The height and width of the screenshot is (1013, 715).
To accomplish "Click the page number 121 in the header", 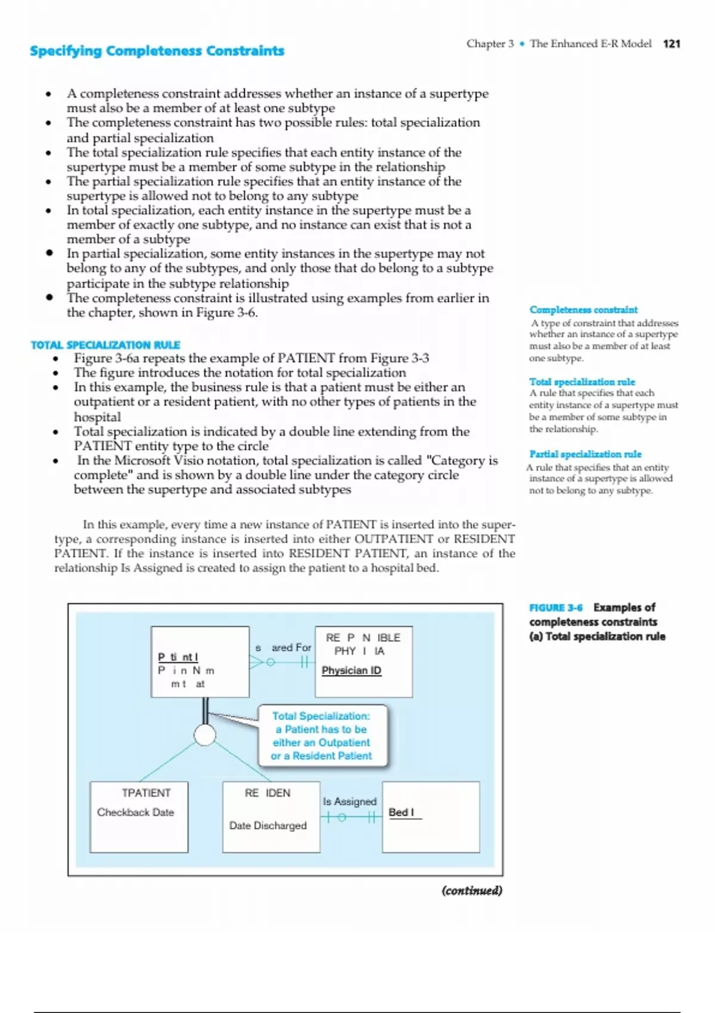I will [672, 43].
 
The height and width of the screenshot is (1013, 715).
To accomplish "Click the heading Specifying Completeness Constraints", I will [157, 51].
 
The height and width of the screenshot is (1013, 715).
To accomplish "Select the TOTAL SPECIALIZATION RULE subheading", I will [105, 345].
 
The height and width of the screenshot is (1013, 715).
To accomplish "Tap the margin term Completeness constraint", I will [583, 310].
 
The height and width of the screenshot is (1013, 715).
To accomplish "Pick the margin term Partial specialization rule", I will [585, 454].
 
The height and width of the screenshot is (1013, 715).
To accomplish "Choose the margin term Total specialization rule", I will [582, 382].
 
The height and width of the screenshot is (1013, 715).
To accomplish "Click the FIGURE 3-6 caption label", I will [556, 608].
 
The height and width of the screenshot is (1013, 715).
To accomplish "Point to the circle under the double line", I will [205, 735].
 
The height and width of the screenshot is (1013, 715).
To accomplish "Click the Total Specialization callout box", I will [322, 736].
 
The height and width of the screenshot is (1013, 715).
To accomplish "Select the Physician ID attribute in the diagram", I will [352, 670].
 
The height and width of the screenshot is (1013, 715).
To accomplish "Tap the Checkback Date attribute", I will [135, 812].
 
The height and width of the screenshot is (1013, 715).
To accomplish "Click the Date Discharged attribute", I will [268, 825].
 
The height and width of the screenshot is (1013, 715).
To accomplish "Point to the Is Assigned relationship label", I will [350, 801].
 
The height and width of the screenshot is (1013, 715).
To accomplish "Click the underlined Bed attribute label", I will [401, 812].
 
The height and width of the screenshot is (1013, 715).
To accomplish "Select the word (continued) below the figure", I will [472, 891].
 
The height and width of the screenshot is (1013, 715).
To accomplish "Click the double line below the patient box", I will [205, 710].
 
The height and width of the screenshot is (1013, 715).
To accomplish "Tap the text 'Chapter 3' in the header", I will [490, 43].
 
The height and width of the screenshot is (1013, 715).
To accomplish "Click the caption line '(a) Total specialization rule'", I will [597, 636].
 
